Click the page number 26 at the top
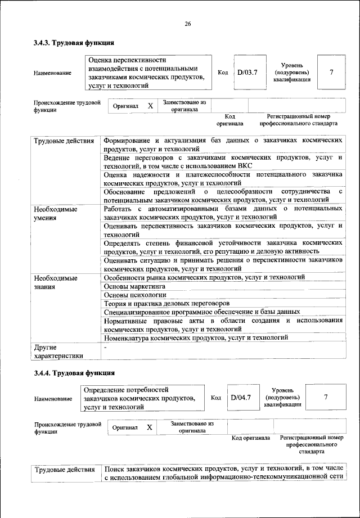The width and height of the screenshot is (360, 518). point(188,24)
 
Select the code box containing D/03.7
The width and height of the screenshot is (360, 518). point(246,72)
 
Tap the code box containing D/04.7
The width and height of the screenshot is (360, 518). point(241,398)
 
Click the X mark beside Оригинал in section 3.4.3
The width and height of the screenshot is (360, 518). point(150,106)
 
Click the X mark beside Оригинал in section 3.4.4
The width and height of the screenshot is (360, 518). point(150,427)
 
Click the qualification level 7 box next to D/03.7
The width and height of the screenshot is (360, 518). point(331,72)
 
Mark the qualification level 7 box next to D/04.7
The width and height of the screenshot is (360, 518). point(326,398)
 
